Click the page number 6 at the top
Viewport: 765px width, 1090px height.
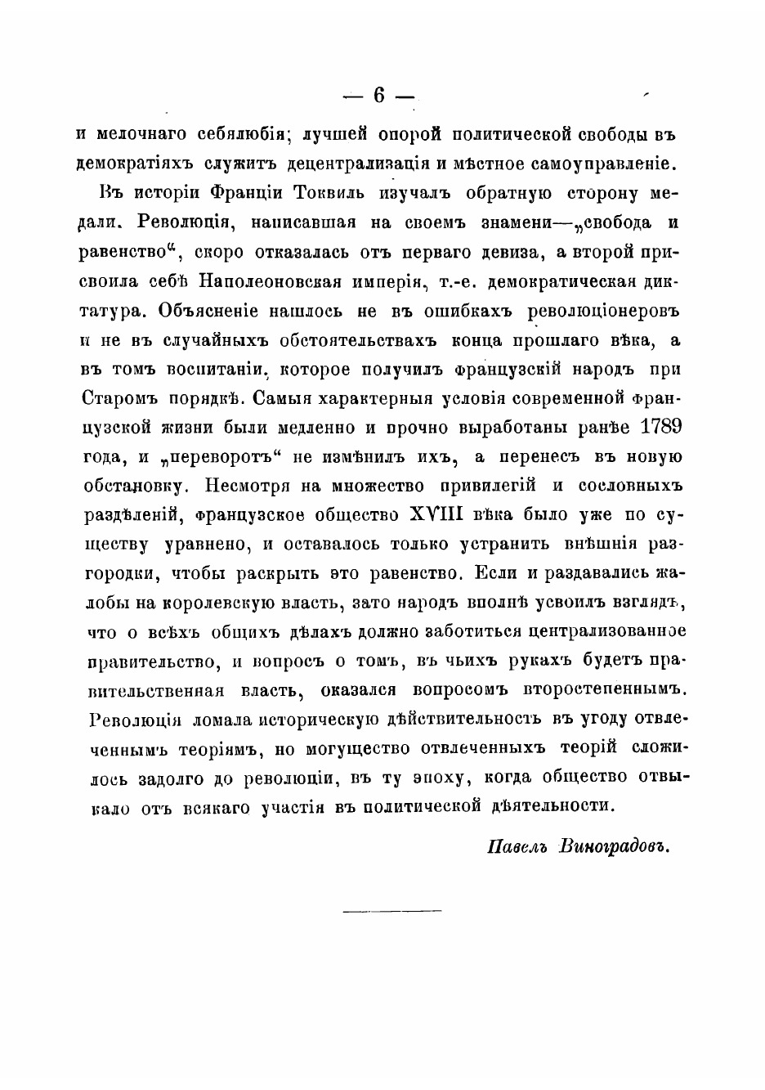[378, 96]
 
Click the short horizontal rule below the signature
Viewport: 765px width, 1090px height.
[391, 909]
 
